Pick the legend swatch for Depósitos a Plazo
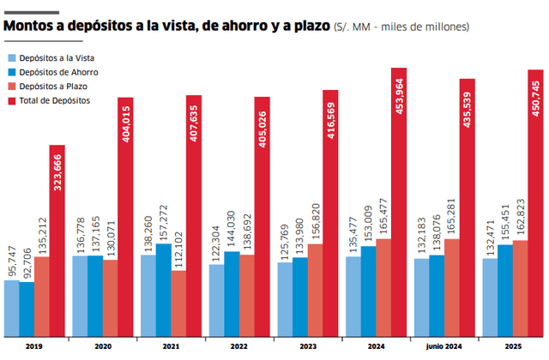[x=13, y=87]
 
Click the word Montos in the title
[x=33, y=27]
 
